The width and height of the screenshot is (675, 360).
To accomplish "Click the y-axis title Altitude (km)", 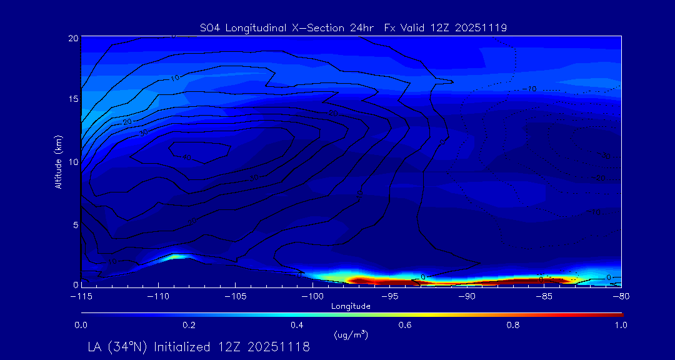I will click(x=58, y=161).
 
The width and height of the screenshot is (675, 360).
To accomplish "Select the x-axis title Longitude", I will click(x=351, y=306).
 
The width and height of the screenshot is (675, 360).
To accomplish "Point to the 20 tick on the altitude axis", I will click(x=72, y=38).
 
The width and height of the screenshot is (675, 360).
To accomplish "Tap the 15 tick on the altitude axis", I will click(x=72, y=99).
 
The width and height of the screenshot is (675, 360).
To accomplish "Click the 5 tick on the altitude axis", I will click(x=74, y=224).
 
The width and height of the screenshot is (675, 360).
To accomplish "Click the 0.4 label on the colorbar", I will click(x=297, y=325).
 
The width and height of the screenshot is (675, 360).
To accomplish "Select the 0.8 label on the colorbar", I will click(x=513, y=325).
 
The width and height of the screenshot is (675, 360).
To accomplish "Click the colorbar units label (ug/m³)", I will click(x=351, y=334).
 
